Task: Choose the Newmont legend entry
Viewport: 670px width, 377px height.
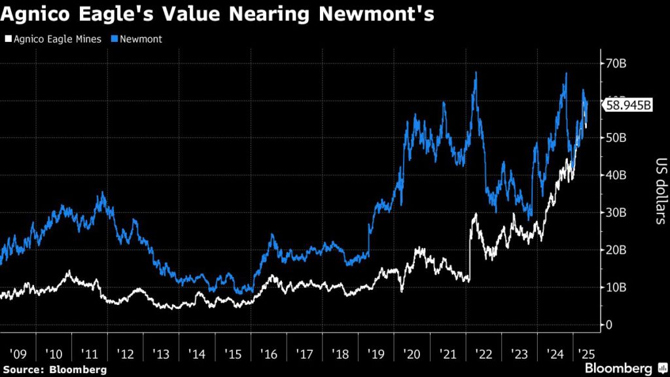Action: pyautogui.click(x=139, y=39)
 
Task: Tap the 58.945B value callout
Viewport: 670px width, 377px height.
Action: pyautogui.click(x=629, y=105)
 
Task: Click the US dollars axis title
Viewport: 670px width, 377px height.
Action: pyautogui.click(x=658, y=190)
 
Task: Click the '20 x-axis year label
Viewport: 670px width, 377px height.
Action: pyautogui.click(x=412, y=354)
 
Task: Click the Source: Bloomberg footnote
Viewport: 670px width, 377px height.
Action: pyautogui.click(x=54, y=370)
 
